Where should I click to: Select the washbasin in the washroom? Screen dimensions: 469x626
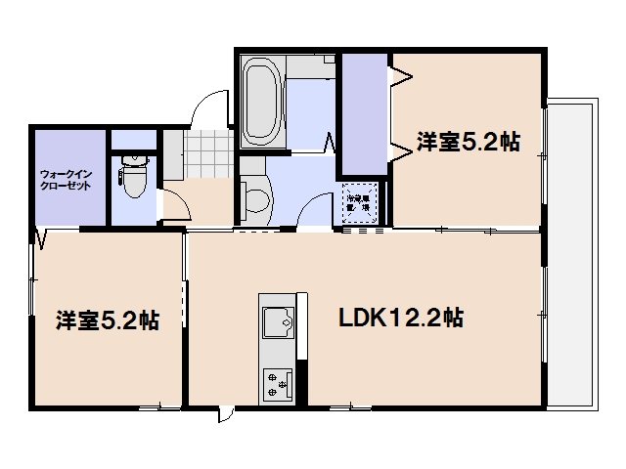click(x=256, y=198)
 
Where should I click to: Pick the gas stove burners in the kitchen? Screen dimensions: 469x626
click(x=276, y=383)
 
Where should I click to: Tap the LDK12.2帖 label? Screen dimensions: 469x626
click(x=401, y=318)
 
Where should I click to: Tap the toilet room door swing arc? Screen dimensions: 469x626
click(x=174, y=203)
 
